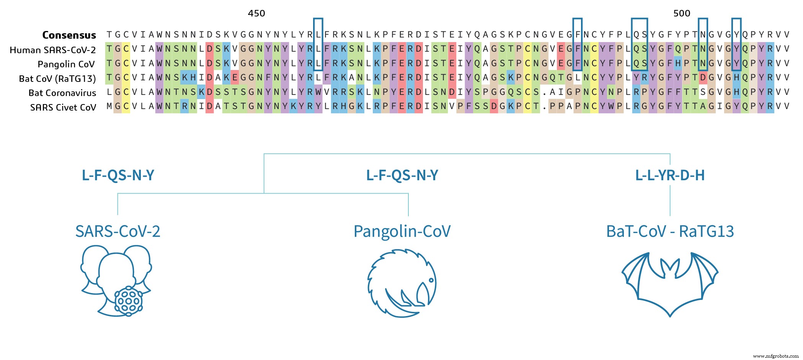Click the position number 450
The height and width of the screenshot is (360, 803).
256,13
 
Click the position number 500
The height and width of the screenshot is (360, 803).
682,13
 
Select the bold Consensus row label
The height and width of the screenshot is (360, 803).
69,35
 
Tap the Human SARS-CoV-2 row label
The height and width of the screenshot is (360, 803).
53,50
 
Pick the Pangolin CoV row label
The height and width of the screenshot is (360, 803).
66,64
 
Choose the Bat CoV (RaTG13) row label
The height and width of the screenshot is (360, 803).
57,79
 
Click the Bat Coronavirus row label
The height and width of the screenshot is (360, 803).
62,93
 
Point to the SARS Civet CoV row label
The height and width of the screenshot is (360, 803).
63,108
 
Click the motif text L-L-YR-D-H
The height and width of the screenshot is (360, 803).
670,176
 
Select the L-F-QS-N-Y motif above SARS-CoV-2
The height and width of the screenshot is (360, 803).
118,176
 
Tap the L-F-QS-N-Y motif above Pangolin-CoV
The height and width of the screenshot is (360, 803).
402,176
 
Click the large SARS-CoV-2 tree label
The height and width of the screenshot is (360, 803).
118,231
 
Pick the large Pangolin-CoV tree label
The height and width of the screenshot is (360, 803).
402,231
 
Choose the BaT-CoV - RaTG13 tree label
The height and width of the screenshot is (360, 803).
670,231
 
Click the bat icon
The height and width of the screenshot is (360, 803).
670,283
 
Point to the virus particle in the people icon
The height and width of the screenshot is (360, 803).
129,301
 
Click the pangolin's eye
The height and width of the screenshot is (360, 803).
431,280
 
